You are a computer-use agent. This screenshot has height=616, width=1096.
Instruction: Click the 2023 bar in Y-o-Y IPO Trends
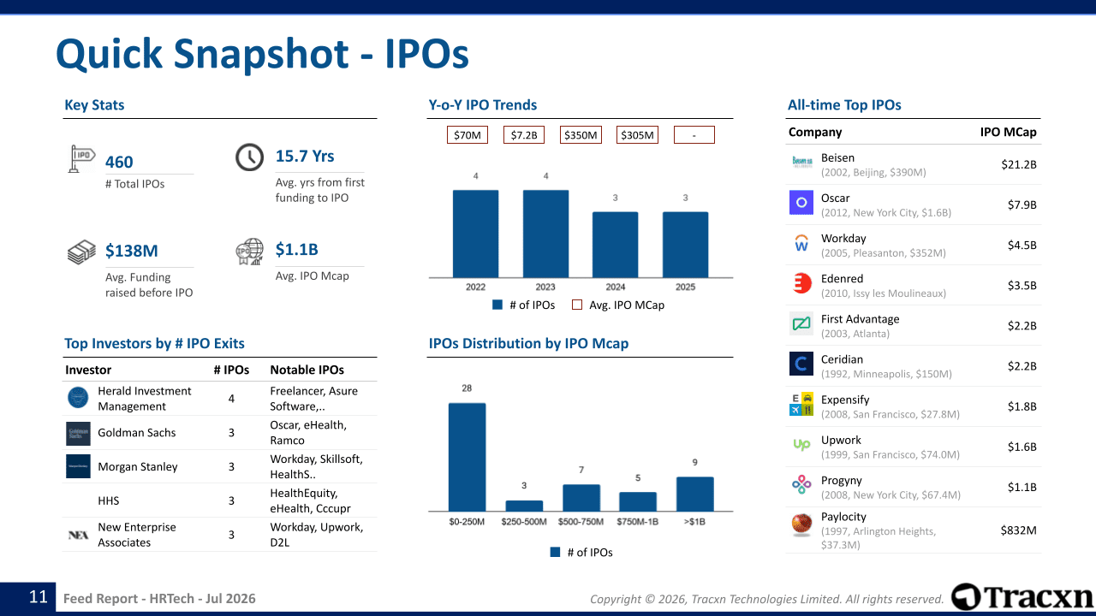point(545,234)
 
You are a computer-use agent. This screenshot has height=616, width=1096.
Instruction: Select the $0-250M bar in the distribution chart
point(467,457)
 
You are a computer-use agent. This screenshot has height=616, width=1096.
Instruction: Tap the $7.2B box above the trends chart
point(523,135)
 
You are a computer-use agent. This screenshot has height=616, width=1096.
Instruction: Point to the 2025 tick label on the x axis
point(685,287)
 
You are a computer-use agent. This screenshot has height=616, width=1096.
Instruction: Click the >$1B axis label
point(694,522)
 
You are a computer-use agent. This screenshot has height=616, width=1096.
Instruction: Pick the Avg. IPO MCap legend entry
point(618,305)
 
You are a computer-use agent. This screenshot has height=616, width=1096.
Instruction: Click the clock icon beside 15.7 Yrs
point(249,157)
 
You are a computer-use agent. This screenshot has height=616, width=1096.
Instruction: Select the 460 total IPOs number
point(119,162)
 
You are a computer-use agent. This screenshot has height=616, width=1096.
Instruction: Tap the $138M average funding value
point(132,251)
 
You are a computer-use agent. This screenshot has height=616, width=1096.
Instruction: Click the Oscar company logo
point(801,203)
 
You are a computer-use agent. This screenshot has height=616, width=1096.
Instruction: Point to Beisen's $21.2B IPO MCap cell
point(1019,164)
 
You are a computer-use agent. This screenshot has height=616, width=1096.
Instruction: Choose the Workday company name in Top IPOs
point(843,238)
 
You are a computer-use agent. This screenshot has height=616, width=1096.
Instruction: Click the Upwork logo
point(801,444)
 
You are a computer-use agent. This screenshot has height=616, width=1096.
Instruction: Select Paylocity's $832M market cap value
point(1018,530)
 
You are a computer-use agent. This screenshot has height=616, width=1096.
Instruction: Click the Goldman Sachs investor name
point(136,433)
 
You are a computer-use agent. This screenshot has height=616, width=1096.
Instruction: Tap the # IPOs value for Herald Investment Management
point(231,399)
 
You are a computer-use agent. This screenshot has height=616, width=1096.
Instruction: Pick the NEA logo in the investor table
point(78,535)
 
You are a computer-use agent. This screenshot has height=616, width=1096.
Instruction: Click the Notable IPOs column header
point(307,370)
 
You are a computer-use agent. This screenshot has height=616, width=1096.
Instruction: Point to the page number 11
point(39,596)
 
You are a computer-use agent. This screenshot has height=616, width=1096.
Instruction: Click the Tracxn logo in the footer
point(1022,596)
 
